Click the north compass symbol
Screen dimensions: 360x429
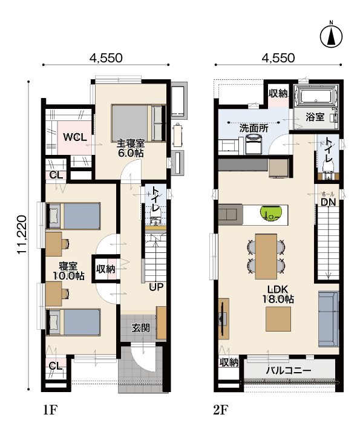332,36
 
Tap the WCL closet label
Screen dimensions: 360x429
75,137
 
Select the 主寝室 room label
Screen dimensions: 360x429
131,143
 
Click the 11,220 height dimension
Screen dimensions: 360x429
22,235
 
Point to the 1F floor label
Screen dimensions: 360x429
50,410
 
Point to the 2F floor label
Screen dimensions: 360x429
221,410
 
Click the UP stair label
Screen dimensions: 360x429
156,287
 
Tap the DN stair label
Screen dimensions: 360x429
329,202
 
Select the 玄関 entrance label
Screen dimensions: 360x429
140,328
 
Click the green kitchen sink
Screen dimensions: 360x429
271,213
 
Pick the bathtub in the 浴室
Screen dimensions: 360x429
316,96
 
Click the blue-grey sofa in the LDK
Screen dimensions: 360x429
329,319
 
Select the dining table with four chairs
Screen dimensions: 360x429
266,257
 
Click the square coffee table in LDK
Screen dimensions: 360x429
278,319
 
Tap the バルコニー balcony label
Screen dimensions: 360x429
289,371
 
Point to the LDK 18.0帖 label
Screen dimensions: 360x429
278,294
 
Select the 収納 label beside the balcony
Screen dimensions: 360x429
229,362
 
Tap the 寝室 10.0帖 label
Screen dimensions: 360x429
68,271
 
